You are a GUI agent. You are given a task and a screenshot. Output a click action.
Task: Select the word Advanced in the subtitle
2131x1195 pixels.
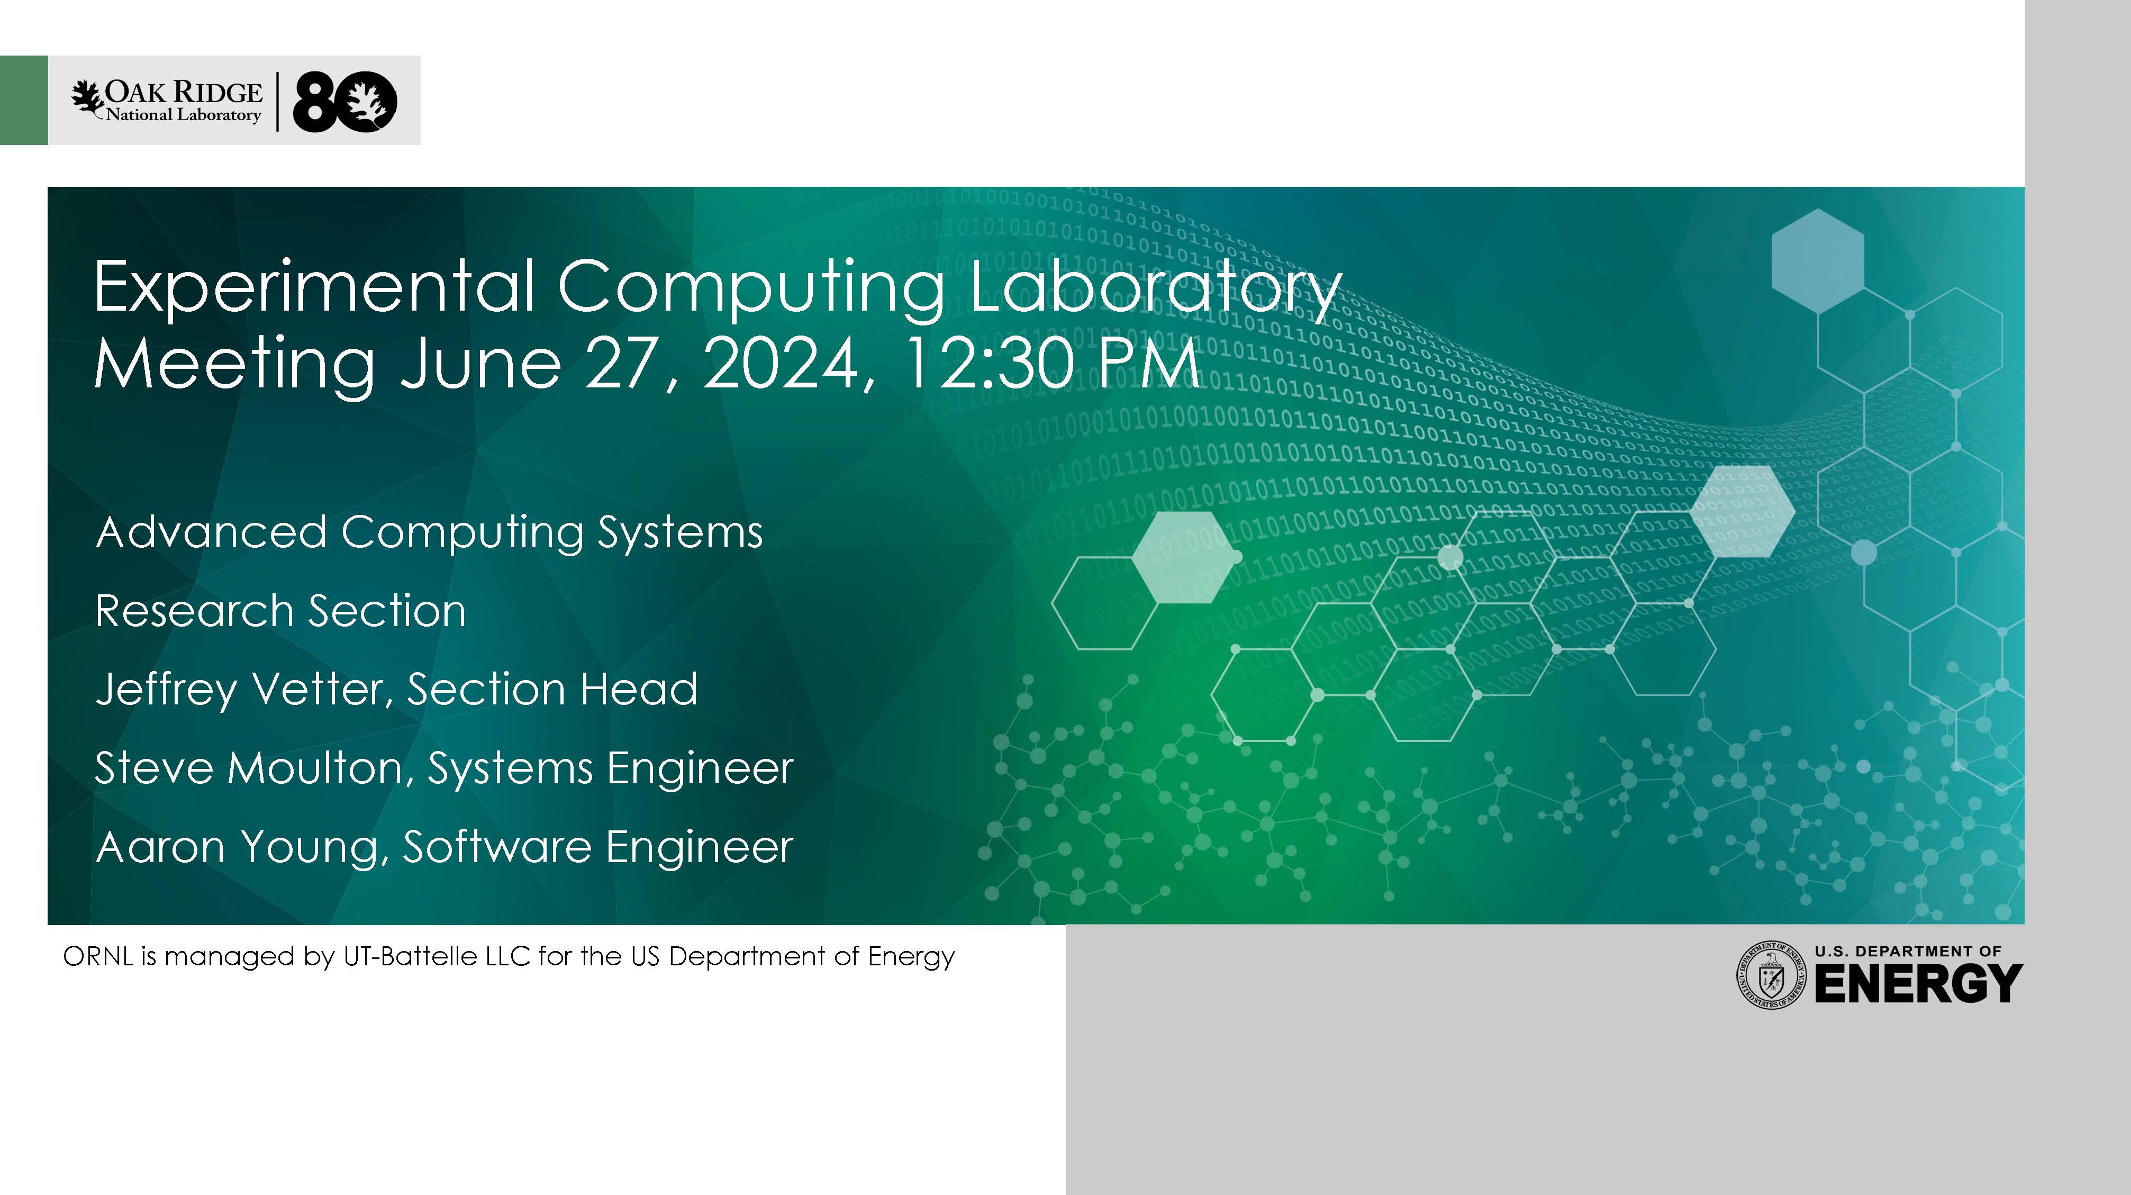pos(212,531)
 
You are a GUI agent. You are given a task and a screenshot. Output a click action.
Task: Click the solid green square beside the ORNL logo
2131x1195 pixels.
pos(24,100)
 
